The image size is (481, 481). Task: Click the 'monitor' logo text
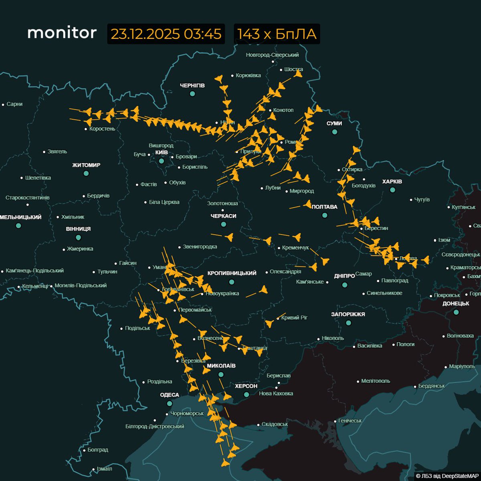coord(62,33)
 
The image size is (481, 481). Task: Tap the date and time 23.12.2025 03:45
coord(166,34)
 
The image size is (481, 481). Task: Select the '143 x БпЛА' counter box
coord(277,34)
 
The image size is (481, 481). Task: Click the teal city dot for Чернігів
coord(192,94)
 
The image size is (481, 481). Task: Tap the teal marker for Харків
coord(393,190)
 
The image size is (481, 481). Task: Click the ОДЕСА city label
coord(170,395)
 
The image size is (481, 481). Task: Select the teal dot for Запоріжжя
coord(348,323)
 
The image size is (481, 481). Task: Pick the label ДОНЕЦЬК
coord(456,303)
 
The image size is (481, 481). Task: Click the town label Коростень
coord(102,129)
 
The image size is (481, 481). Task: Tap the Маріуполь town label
coord(462,366)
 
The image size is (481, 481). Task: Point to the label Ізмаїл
coord(104,469)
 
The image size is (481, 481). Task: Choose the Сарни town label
coord(14,104)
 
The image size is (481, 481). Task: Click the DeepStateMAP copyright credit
coord(447,476)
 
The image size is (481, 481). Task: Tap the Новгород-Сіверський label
coord(272,55)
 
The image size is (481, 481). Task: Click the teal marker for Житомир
coord(86,174)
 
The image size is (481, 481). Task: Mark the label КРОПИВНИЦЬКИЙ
coord(232,273)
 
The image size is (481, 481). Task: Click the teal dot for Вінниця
coord(78,237)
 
